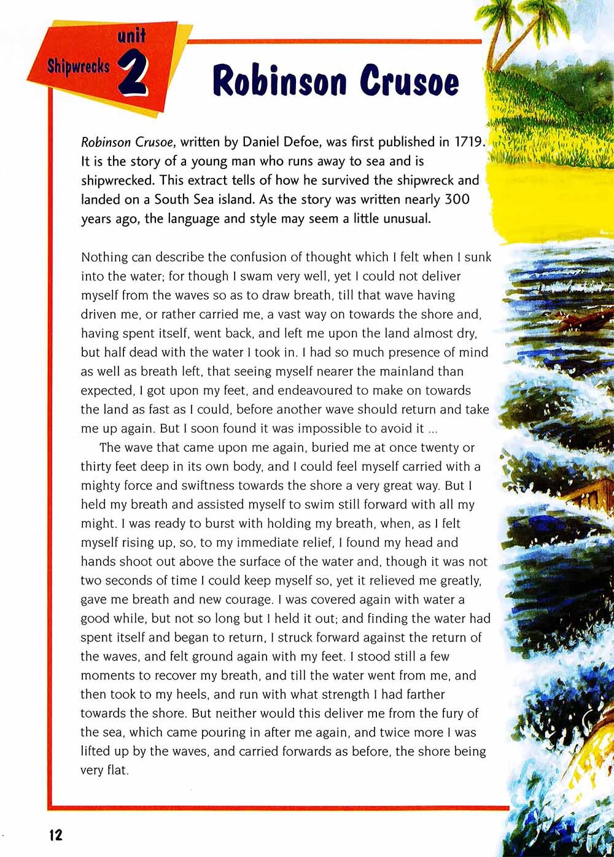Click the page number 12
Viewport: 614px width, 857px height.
point(53,834)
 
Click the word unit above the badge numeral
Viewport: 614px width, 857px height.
point(131,37)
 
